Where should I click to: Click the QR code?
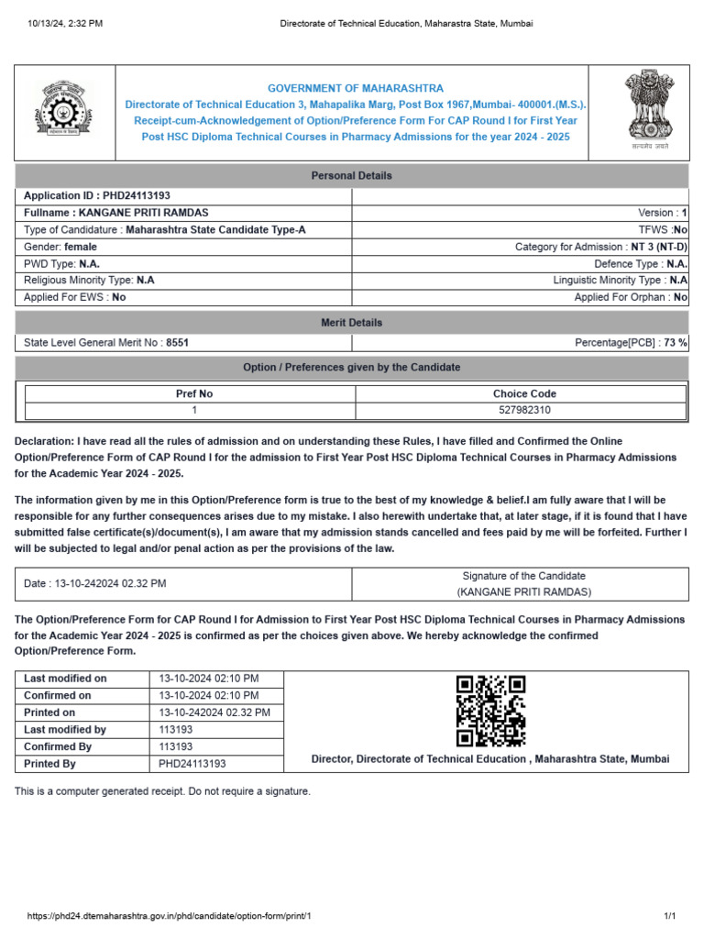[490, 711]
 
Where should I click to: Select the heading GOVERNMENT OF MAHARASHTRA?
[356, 88]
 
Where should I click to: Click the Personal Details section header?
[352, 175]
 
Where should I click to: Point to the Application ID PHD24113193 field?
[97, 195]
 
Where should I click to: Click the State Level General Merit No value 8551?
[177, 342]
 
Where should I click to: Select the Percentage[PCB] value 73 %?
[676, 342]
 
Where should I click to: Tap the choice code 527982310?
[524, 410]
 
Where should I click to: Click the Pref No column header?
[194, 393]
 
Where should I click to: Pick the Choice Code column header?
[524, 393]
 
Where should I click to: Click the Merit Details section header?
[352, 323]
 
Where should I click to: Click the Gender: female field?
[60, 247]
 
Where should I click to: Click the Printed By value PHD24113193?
[192, 763]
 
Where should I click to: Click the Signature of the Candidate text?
[523, 576]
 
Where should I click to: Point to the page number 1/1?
[669, 916]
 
